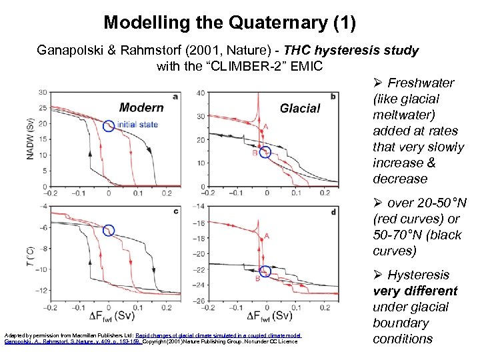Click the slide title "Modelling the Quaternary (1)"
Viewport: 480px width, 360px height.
click(230, 23)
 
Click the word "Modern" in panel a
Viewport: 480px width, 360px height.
click(141, 107)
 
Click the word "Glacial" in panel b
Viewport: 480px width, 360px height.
click(300, 108)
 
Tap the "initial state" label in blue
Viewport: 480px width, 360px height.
click(137, 125)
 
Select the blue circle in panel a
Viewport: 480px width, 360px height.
click(109, 125)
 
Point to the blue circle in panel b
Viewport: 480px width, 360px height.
click(265, 152)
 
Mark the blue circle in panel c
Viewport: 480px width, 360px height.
click(109, 231)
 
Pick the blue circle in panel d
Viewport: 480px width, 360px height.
click(265, 271)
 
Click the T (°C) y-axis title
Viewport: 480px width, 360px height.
click(30, 253)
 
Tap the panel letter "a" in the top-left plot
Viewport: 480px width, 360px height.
click(175, 97)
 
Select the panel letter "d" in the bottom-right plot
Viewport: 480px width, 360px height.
click(333, 212)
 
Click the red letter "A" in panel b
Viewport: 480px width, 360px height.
click(267, 127)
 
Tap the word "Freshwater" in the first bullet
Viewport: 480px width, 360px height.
click(421, 83)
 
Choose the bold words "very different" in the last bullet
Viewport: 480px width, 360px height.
click(415, 291)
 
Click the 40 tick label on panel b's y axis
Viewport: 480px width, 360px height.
click(200, 93)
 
